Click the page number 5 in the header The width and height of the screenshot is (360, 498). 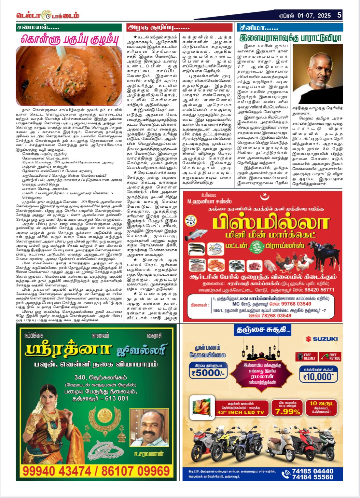pos(339,15)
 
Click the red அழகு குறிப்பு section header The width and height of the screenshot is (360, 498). pos(159,27)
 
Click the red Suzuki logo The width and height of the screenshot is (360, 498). pos(322,339)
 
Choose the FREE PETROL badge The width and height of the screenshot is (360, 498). pos(330,356)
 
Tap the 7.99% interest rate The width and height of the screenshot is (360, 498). pos(287,411)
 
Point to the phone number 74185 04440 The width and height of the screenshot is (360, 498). pos(312,471)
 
